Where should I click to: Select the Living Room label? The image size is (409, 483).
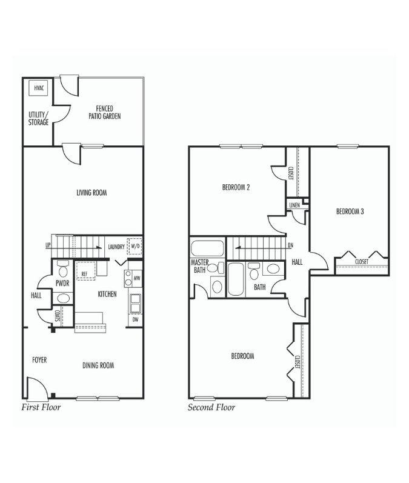[x=91, y=193]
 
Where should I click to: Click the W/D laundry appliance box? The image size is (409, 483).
[x=134, y=247]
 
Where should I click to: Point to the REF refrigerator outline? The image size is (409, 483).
[x=85, y=270]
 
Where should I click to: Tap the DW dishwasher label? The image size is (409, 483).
[x=135, y=319]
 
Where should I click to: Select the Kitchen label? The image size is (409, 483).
[x=107, y=294]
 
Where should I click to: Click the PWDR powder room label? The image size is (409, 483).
[x=62, y=282]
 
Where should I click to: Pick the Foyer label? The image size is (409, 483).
[x=39, y=360]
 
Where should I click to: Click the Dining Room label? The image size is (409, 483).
[x=98, y=365]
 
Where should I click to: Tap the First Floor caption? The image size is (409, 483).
[x=41, y=407]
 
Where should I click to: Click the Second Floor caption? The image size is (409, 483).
[x=211, y=407]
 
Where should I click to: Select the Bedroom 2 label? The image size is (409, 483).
[x=236, y=187]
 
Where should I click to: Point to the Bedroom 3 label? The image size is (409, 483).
[x=350, y=212]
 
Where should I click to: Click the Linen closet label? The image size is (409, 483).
[x=294, y=205]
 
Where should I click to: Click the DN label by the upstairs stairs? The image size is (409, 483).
[x=290, y=245]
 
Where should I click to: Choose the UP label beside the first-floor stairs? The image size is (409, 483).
[x=47, y=245]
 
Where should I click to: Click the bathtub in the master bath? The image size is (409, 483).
[x=207, y=249]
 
